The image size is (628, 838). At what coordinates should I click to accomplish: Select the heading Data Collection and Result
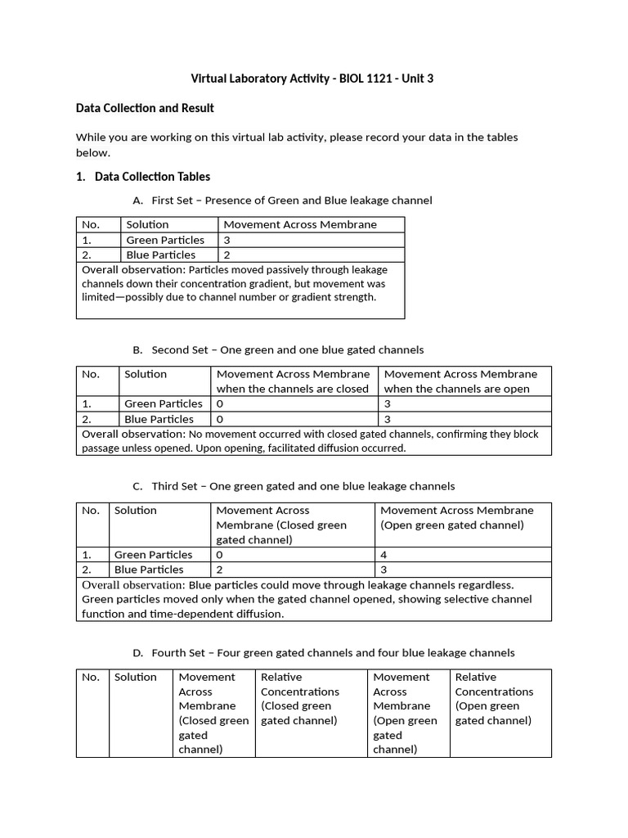[145, 108]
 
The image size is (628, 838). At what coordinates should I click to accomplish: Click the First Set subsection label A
[137, 200]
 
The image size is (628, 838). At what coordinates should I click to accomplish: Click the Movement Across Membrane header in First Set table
[300, 224]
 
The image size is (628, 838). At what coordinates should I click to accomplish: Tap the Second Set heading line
[287, 350]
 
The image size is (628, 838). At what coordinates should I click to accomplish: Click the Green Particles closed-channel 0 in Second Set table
[220, 403]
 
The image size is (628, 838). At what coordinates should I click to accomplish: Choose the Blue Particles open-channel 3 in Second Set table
[388, 419]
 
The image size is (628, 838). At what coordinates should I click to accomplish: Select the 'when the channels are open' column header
[457, 389]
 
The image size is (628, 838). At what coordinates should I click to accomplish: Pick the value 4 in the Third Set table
[384, 555]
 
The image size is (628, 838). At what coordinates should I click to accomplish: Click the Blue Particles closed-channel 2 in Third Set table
[220, 570]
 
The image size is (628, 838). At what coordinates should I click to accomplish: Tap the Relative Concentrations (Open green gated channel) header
[494, 699]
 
